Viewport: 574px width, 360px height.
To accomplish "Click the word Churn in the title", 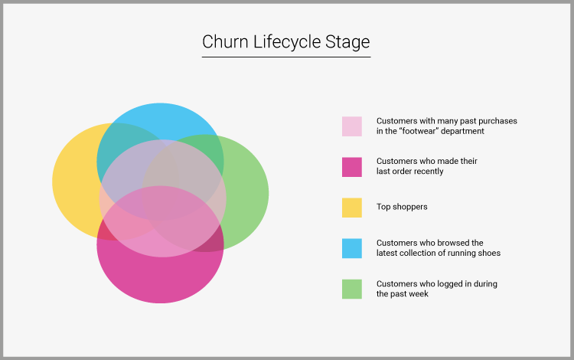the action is [x=220, y=41].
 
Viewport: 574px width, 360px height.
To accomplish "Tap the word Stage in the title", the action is [x=349, y=41].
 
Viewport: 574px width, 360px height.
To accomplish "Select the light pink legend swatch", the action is [x=352, y=126].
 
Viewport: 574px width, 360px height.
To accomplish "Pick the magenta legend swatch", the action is [x=352, y=167].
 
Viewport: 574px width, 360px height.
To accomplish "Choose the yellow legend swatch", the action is [x=352, y=207].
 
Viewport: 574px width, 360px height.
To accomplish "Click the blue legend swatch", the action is [x=352, y=248].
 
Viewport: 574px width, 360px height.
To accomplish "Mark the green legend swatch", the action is [x=352, y=289].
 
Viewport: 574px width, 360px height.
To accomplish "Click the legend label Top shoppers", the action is [x=402, y=207].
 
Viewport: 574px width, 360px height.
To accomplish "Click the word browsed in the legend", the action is [x=445, y=243].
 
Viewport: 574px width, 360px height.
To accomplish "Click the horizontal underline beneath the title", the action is [x=286, y=57].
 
